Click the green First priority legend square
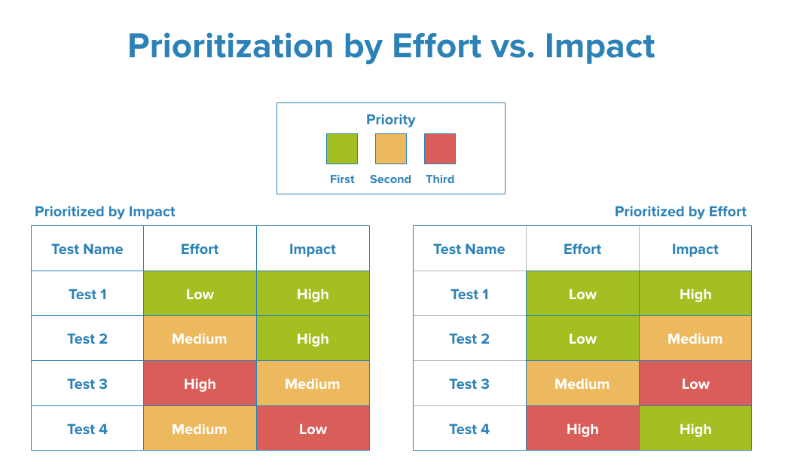[x=341, y=148]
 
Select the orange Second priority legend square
[x=390, y=148]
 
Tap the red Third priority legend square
[x=440, y=148]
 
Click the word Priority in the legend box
[x=390, y=119]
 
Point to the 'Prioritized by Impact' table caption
[x=105, y=212]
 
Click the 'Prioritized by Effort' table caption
[x=680, y=212]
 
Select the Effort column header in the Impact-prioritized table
[x=200, y=249]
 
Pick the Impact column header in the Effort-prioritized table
[x=695, y=249]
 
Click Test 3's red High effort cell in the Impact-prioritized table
[x=200, y=384]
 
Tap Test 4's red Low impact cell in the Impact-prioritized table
[x=313, y=429]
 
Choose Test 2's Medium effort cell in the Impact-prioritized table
[x=200, y=338]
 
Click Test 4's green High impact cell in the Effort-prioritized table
[x=695, y=429]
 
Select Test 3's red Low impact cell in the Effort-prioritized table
[x=695, y=384]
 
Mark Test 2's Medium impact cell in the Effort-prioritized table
[x=695, y=338]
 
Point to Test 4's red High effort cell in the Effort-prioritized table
[x=582, y=429]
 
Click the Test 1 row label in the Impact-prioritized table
[x=87, y=294]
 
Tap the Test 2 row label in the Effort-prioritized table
[x=469, y=338]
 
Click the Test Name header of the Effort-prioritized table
[x=469, y=249]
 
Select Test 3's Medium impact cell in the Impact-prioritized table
[x=313, y=384]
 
